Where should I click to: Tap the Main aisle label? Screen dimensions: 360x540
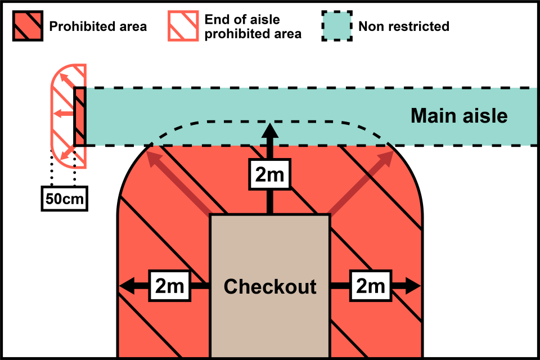click(459, 116)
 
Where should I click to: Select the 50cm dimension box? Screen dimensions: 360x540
click(65, 199)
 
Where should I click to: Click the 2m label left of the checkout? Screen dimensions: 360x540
click(170, 286)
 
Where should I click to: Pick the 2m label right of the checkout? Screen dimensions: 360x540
click(370, 286)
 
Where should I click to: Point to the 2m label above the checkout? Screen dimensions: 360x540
click(270, 175)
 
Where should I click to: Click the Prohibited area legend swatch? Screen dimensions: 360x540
click(27, 26)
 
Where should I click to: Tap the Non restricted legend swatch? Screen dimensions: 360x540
click(336, 26)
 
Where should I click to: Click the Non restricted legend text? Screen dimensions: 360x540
click(404, 26)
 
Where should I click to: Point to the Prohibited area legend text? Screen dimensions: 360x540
click(98, 26)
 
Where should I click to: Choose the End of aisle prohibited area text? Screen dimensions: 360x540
click(253, 27)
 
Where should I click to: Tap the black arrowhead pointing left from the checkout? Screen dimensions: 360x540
click(126, 286)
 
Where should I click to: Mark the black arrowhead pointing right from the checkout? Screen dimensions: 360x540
click(413, 286)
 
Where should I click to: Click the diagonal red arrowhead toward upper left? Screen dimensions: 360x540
click(153, 158)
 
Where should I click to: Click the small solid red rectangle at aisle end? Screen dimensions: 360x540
click(80, 116)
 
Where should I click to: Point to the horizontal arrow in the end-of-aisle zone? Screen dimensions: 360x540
click(64, 114)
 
